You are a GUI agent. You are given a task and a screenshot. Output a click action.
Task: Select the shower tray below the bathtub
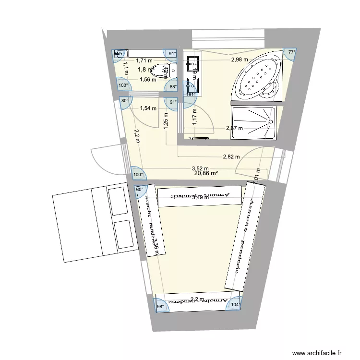click(x=254, y=123)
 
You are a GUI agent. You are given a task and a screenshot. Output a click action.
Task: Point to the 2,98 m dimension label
click(x=239, y=60)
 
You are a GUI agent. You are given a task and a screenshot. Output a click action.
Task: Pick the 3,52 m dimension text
click(x=200, y=168)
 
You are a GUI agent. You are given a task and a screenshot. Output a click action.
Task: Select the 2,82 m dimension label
click(x=231, y=157)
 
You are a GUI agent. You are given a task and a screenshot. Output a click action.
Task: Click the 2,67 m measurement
click(x=235, y=128)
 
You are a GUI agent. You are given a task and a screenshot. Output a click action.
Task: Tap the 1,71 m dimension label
click(x=144, y=61)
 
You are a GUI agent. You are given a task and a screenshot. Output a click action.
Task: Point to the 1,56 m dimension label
click(x=148, y=80)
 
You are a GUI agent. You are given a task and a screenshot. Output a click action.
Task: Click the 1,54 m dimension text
click(x=148, y=108)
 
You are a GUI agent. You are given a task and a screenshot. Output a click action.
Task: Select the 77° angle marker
click(x=291, y=53)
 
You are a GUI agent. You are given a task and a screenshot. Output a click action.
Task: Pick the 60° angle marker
click(x=140, y=190)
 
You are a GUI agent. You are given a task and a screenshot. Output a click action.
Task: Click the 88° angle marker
click(x=173, y=87)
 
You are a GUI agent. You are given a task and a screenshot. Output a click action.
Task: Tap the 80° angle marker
click(x=125, y=101)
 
